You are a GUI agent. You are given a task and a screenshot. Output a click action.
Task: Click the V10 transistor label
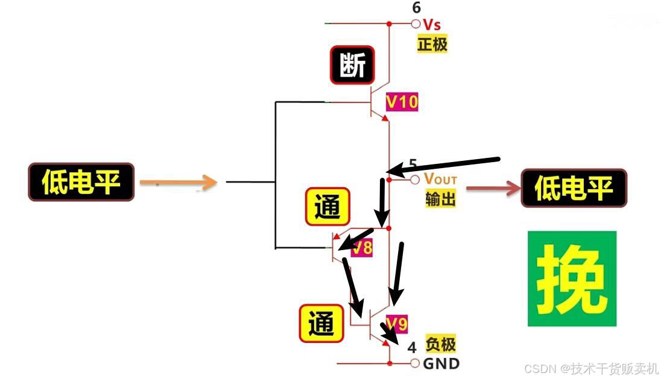[401, 101]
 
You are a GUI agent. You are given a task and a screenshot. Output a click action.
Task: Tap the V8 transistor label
[362, 248]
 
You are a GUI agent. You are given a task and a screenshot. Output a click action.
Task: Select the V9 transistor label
[397, 324]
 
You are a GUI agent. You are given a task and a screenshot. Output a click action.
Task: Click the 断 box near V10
[352, 65]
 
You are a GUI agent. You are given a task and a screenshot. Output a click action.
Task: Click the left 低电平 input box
[81, 181]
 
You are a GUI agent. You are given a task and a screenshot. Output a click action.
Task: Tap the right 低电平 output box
[574, 188]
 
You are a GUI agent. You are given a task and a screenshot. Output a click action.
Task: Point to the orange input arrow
[178, 182]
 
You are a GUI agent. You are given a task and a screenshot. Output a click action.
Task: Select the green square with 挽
[572, 278]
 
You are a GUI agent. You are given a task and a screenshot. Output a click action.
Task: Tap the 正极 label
[432, 43]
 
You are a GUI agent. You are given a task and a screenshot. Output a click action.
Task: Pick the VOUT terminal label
[440, 179]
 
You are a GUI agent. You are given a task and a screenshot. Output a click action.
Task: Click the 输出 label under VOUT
[440, 198]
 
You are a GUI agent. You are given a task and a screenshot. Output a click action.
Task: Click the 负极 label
[440, 344]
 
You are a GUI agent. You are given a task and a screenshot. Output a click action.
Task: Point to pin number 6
[417, 8]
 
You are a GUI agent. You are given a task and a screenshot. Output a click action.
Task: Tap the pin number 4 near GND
[412, 348]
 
